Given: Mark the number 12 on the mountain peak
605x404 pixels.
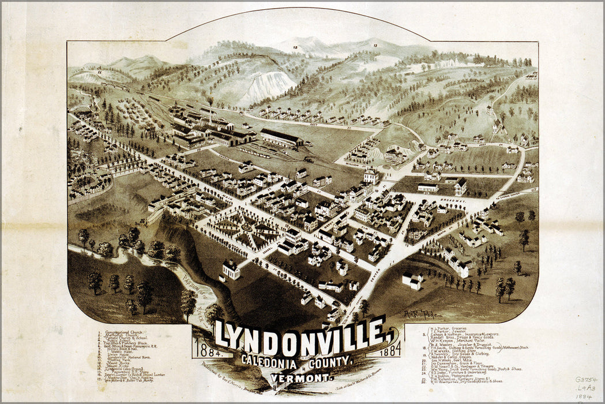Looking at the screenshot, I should click(x=295, y=47).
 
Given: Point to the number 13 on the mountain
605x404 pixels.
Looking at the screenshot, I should click(x=375, y=45).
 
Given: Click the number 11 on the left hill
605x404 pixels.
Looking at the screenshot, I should click(x=99, y=73).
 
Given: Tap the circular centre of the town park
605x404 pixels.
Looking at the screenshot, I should click(x=246, y=228).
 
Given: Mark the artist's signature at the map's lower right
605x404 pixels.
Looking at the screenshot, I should click(x=420, y=313).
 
